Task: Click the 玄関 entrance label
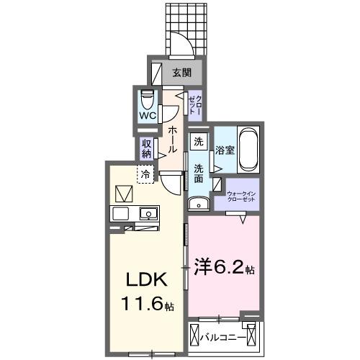click(x=182, y=72)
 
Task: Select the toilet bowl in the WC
click(x=148, y=97)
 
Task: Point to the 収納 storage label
click(x=146, y=147)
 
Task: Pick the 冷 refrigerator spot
click(x=146, y=174)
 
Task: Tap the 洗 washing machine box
click(x=199, y=142)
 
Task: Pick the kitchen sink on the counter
click(x=149, y=213)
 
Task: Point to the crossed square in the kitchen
click(x=122, y=194)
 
